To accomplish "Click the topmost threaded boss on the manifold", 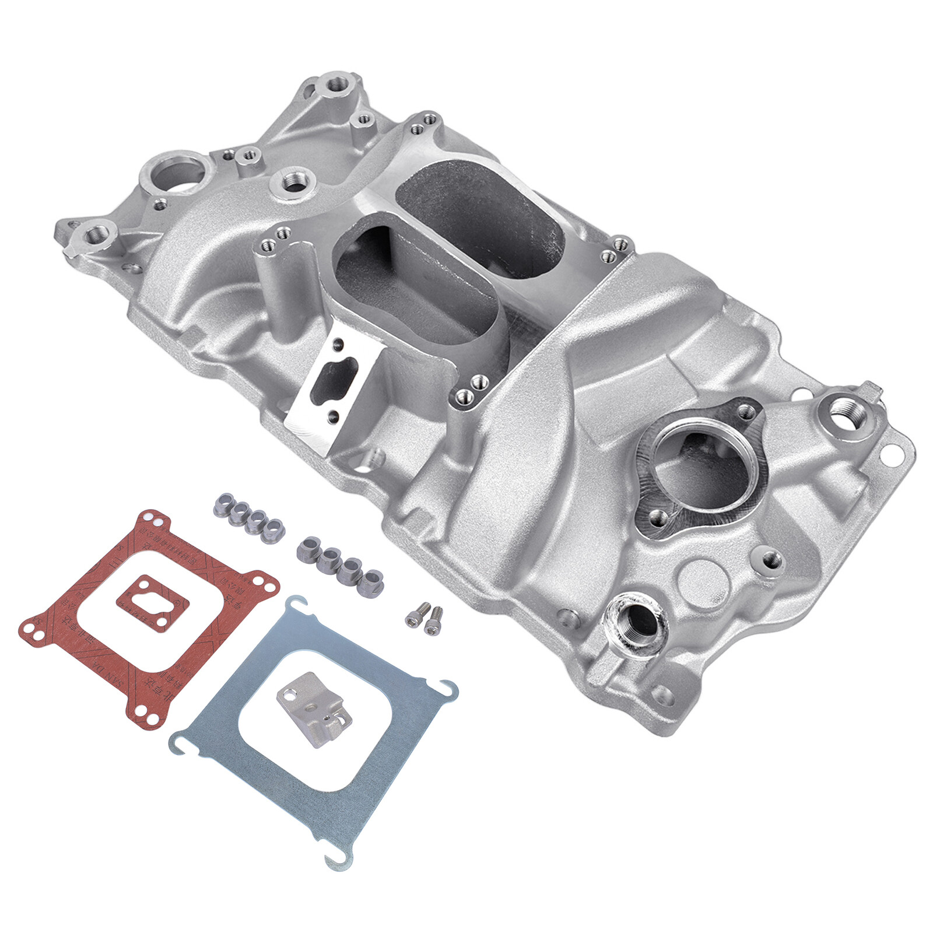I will [336, 85].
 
